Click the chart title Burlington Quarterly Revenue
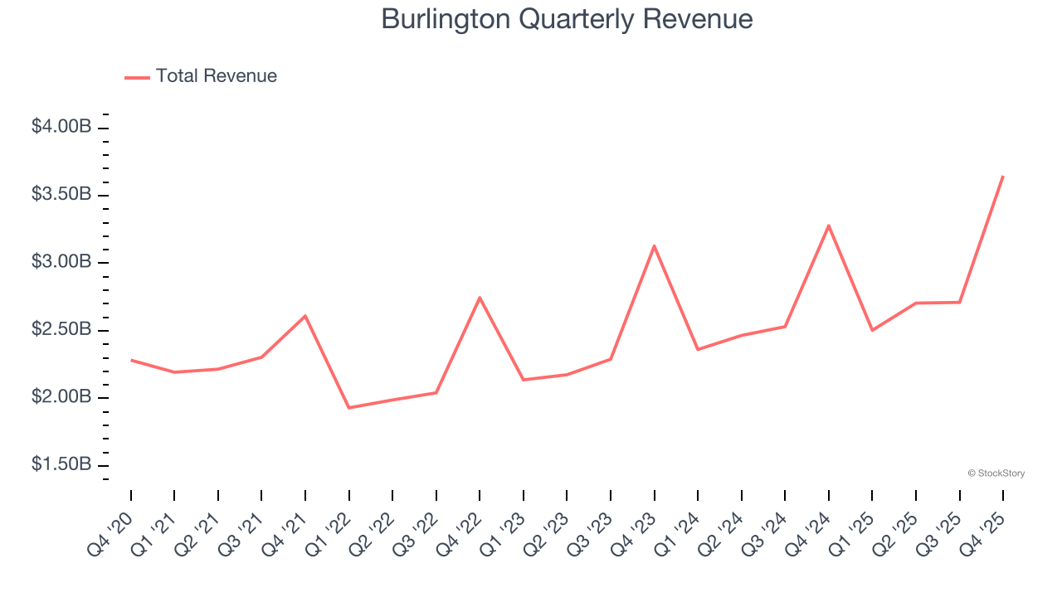(567, 19)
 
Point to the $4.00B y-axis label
(61, 127)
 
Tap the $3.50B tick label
(61, 195)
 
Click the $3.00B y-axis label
(61, 262)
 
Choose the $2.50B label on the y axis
(61, 329)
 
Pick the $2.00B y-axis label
(61, 397)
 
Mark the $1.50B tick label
(61, 464)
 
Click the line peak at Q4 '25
(1003, 176)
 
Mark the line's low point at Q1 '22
(349, 408)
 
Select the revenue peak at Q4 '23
(655, 245)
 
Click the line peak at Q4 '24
(829, 226)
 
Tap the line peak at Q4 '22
(480, 297)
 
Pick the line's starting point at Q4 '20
(131, 360)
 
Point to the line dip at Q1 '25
(872, 330)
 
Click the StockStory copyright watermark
(996, 473)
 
